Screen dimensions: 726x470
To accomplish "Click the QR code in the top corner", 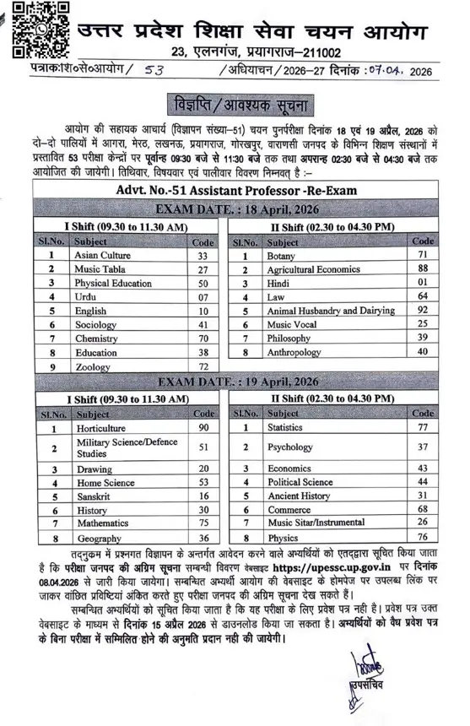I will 33,27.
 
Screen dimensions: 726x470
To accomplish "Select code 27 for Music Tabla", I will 203,268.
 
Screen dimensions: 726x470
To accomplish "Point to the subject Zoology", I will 92,367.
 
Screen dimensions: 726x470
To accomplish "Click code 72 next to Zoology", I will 203,367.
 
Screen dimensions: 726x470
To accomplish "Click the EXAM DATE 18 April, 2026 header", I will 233,209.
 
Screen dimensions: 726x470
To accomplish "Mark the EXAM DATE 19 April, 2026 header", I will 233,382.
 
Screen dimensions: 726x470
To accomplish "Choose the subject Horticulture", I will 101,429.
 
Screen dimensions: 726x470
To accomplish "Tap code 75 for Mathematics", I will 203,523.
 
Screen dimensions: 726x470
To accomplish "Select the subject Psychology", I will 290,447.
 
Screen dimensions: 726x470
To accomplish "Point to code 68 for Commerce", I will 423,510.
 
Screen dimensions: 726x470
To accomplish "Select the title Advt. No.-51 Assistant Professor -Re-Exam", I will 234,191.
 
